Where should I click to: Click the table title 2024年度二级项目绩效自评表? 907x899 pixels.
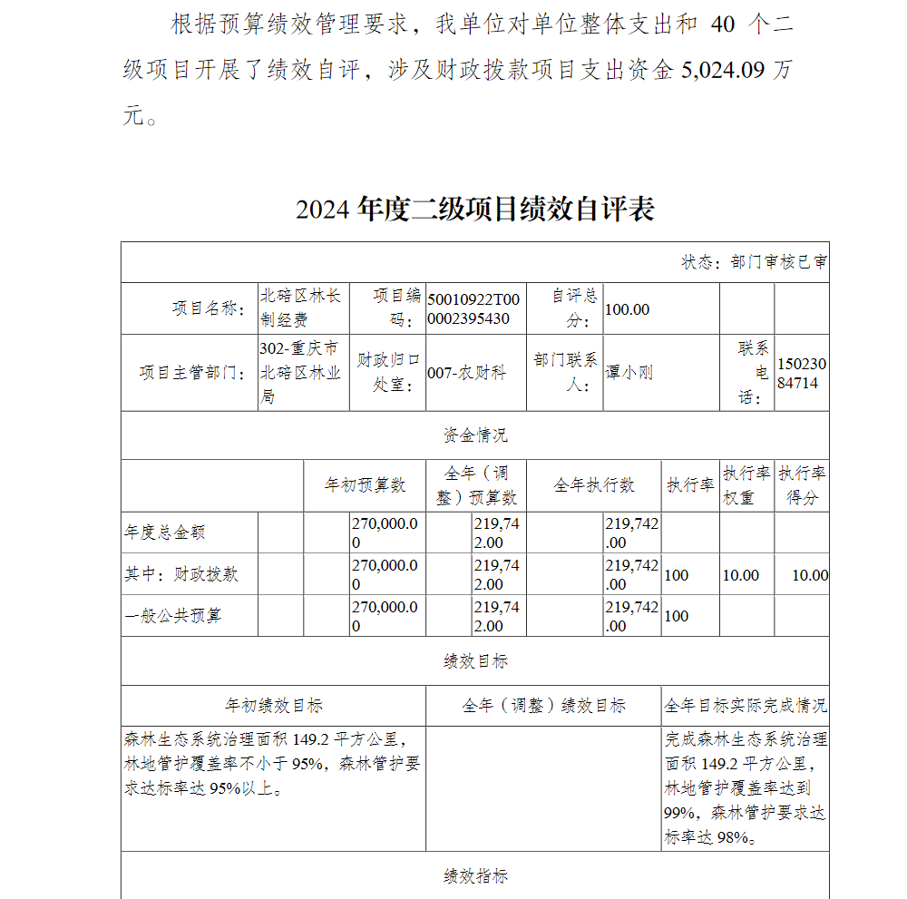[x=474, y=209]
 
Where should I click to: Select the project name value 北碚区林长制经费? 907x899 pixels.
[x=300, y=308]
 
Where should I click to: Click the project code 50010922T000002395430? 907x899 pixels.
[x=474, y=308]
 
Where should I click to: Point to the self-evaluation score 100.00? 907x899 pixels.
[x=628, y=309]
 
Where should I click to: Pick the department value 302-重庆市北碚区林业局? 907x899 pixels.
[x=300, y=373]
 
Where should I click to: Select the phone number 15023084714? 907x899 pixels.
[x=802, y=373]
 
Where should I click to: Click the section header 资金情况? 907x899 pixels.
[x=475, y=435]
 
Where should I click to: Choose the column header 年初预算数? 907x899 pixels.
[x=365, y=485]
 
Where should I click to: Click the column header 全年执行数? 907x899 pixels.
[x=594, y=485]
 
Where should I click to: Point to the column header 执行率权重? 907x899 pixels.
[x=746, y=485]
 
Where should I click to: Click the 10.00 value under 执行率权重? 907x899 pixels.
[x=741, y=575]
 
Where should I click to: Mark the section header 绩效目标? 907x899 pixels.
[x=475, y=661]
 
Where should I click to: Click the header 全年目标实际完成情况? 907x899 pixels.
[x=746, y=705]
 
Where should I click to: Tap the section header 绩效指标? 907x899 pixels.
[x=475, y=875]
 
